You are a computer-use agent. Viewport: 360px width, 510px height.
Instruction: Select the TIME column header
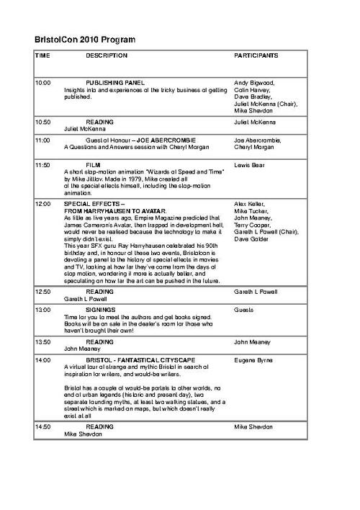pos(42,55)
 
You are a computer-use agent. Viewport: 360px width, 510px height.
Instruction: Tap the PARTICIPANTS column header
pos(256,55)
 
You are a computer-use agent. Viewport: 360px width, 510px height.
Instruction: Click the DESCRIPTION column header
pos(107,55)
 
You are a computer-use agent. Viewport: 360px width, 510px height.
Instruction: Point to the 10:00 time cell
pos(43,83)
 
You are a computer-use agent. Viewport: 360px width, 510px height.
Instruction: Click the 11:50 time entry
pos(43,165)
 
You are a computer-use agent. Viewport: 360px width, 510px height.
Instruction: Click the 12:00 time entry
pos(43,204)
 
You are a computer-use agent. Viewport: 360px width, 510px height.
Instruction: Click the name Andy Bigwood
pos(254,83)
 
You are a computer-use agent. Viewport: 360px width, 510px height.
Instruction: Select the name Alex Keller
pos(251,204)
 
